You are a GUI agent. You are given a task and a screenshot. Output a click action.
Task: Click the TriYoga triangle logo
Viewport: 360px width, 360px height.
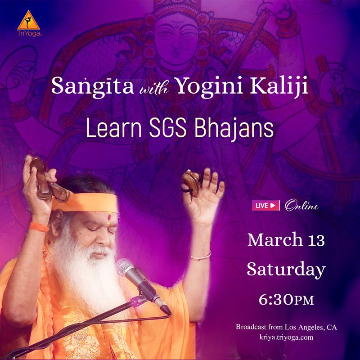[x=29, y=20]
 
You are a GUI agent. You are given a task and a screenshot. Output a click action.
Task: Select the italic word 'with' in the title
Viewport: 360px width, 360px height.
[x=154, y=88]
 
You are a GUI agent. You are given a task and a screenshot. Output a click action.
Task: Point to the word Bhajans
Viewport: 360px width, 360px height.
[x=234, y=129]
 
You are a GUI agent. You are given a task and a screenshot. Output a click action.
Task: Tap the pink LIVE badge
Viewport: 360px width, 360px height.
[x=265, y=205]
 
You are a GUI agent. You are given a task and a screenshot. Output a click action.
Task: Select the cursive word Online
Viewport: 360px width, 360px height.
[x=301, y=205]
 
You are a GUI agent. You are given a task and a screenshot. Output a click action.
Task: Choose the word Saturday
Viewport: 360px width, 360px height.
[x=286, y=269]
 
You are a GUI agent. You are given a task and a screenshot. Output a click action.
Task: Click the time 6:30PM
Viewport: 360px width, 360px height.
[x=286, y=299]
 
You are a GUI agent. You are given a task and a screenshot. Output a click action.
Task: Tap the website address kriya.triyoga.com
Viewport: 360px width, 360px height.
[x=286, y=337]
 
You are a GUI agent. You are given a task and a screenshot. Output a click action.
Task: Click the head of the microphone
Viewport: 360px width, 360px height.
[x=125, y=268]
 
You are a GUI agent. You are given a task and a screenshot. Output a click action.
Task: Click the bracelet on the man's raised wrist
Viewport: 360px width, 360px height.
[x=200, y=256]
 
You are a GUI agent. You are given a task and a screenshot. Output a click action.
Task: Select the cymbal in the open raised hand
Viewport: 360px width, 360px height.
[x=190, y=183]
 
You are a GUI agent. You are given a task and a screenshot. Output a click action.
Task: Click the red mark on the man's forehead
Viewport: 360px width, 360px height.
[x=109, y=218]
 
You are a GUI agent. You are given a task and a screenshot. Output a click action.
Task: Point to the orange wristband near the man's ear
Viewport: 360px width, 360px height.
[x=39, y=227]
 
